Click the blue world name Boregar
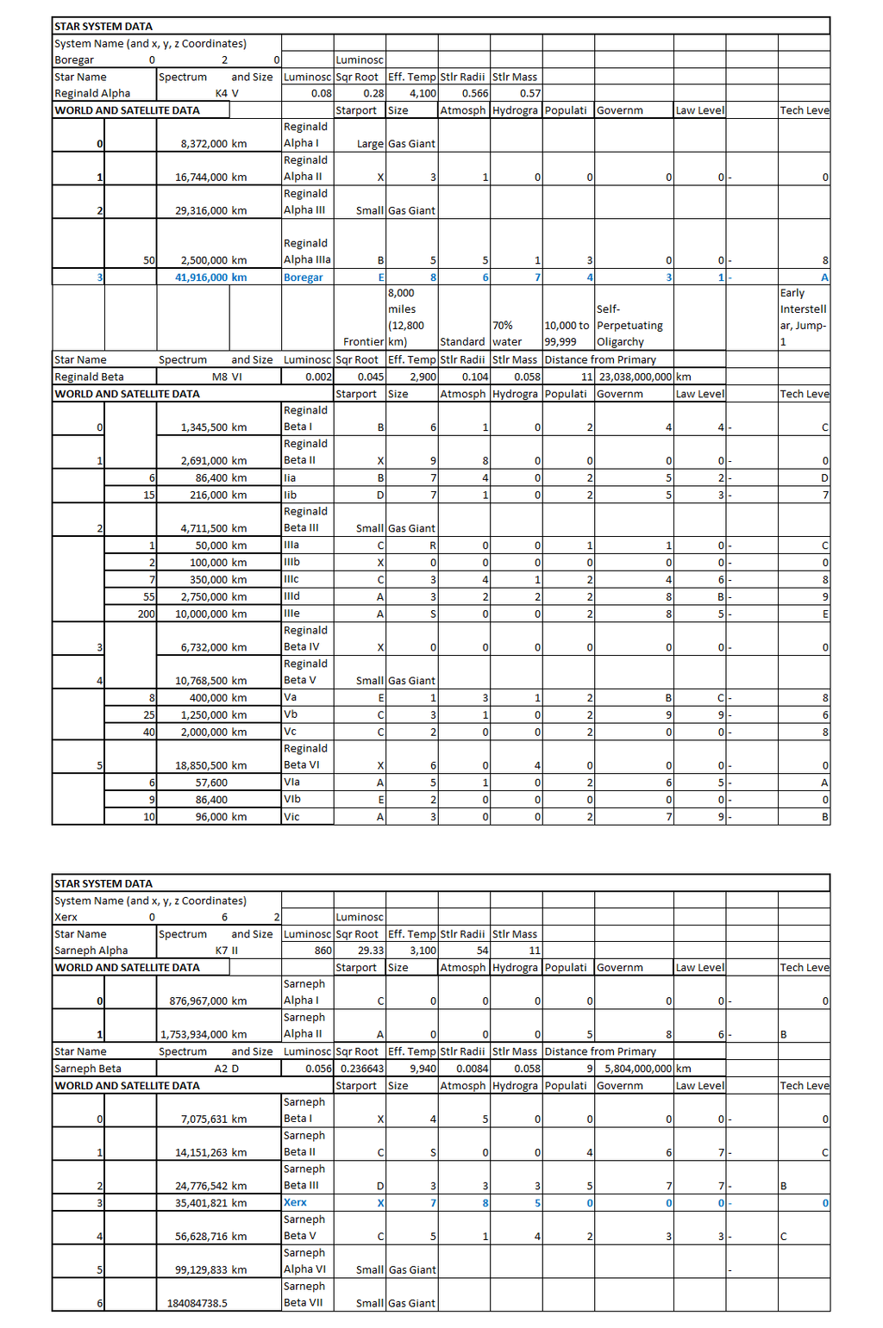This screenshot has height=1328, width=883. [304, 277]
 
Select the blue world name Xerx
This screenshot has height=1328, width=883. [295, 1202]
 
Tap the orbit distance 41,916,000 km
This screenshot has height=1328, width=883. [210, 277]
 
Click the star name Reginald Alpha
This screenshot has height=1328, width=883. [92, 93]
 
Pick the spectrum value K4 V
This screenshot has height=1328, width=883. [227, 93]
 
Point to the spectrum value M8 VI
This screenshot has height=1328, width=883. [227, 377]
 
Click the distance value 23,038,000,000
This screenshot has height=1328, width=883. [635, 377]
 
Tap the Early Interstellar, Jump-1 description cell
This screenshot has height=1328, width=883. [803, 317]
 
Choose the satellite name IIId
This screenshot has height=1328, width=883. [292, 596]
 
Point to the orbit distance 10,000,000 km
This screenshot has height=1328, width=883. [210, 614]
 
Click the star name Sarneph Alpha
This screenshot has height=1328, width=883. [91, 951]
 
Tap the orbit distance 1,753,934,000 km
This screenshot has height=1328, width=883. [204, 1034]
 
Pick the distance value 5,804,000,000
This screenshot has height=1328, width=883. [637, 1069]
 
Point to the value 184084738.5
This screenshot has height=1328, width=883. [197, 1303]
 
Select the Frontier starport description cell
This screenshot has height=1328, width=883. [363, 342]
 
